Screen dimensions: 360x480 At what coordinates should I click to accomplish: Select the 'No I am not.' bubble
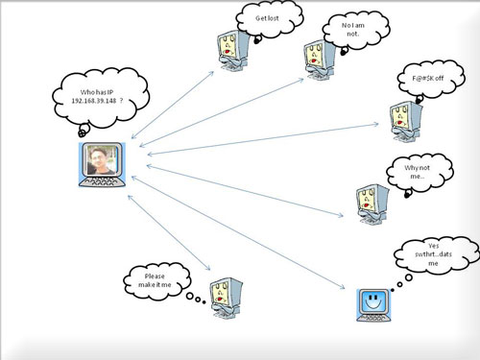[x=351, y=29]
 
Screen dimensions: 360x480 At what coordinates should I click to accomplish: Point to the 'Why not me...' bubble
[x=410, y=174]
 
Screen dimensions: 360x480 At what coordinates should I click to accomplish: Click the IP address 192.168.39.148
[x=100, y=102]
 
